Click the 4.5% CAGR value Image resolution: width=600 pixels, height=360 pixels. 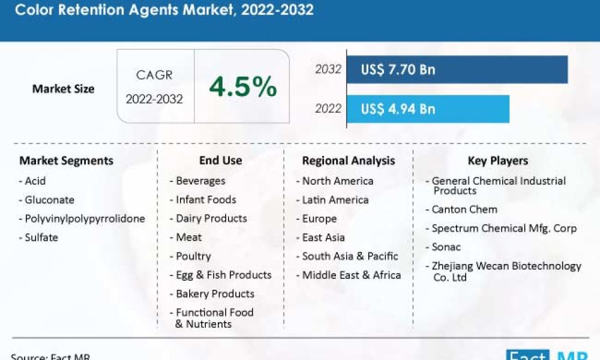(x=243, y=88)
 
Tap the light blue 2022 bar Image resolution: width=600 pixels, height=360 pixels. (x=474, y=109)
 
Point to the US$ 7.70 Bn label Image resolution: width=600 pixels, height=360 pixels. (x=398, y=70)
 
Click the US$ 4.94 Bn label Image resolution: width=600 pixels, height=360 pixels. (x=398, y=109)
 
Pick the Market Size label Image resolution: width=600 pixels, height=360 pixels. (x=63, y=89)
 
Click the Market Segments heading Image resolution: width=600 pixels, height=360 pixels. (x=66, y=161)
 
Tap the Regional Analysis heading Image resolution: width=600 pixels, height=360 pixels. (x=349, y=161)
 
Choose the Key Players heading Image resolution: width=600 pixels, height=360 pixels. (x=497, y=161)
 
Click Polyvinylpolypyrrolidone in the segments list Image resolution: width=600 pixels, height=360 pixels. (x=85, y=218)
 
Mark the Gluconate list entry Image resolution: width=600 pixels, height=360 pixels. (x=49, y=200)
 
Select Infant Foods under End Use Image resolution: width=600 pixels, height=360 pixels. (x=206, y=200)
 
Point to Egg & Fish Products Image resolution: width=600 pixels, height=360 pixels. (x=223, y=275)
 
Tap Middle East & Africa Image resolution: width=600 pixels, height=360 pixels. (x=351, y=275)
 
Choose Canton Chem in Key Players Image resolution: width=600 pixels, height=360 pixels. (x=464, y=209)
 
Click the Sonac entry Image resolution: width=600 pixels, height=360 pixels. (x=446, y=247)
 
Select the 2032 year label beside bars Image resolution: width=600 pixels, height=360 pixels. (x=328, y=70)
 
